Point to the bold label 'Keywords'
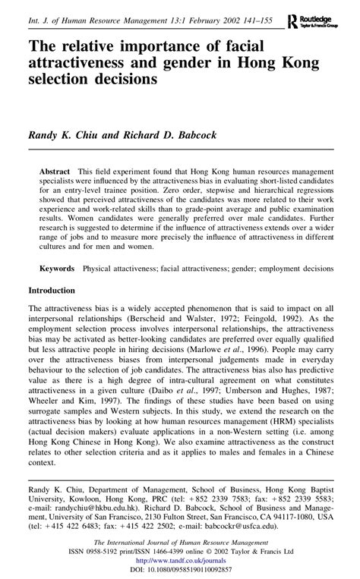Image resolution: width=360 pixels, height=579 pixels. pos(57,269)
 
